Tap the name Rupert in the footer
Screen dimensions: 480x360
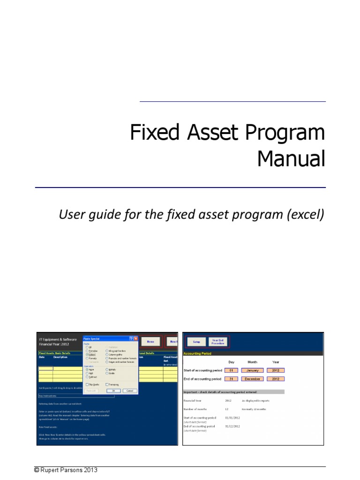(52, 470)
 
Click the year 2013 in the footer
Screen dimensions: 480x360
(91, 470)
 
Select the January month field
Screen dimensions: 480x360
(252, 370)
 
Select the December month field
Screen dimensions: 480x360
(252, 379)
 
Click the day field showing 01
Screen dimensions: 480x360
(231, 370)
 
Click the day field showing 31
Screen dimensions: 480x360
(231, 379)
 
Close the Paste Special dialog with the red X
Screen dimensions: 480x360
(135, 338)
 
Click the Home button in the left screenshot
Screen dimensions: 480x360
(150, 342)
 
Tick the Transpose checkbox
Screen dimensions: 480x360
(107, 384)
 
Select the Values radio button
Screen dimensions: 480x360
(87, 355)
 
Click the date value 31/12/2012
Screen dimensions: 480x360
(233, 426)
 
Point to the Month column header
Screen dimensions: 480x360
(252, 362)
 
